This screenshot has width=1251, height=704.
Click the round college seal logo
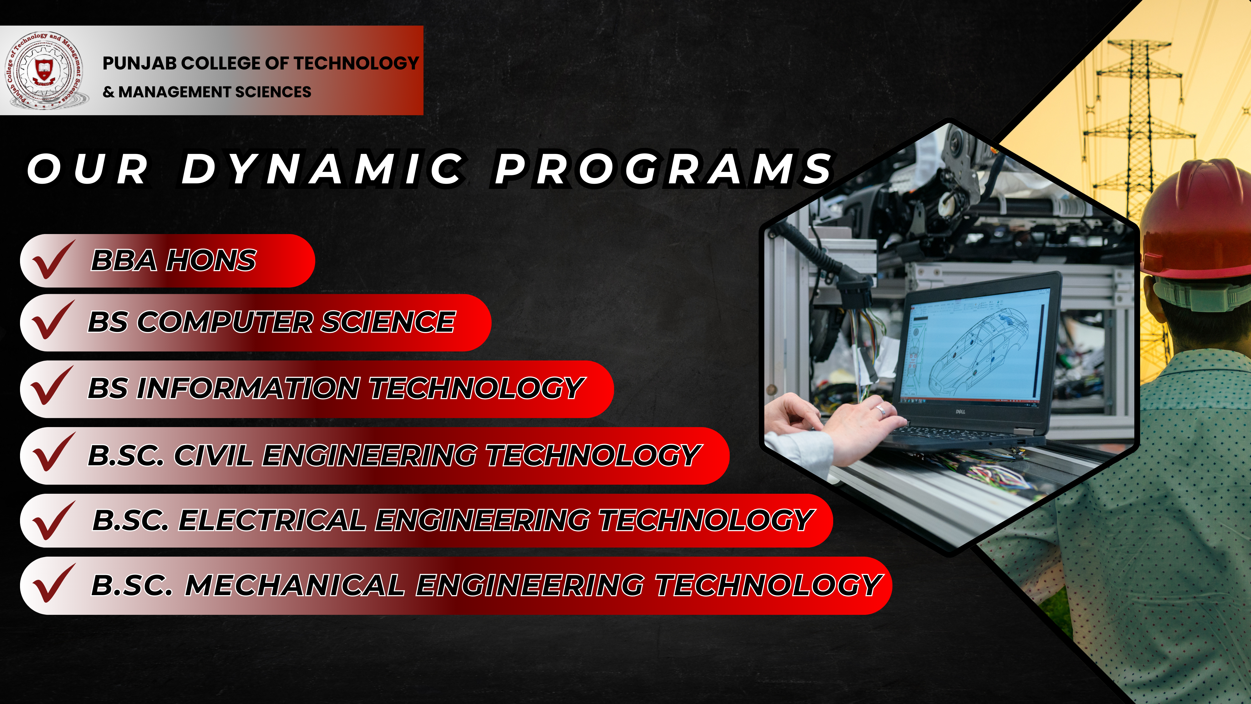45,70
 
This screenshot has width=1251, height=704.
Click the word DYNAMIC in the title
323,169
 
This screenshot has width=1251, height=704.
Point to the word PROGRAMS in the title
664,169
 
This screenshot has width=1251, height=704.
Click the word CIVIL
213,456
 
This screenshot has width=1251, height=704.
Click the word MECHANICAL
295,585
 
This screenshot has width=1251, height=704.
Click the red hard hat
1195,228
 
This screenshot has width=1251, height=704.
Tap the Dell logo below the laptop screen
960,412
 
